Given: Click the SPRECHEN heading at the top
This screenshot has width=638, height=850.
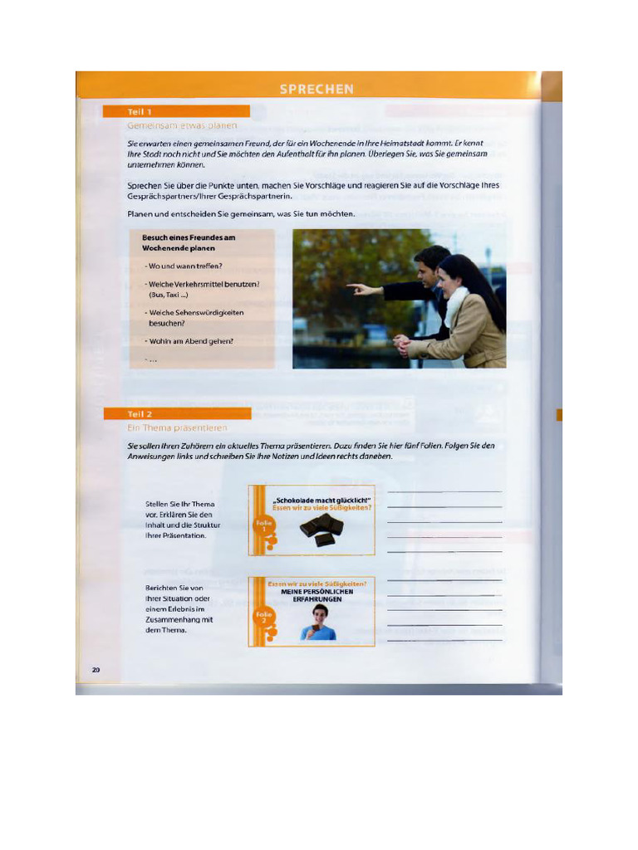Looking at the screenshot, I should [317, 89].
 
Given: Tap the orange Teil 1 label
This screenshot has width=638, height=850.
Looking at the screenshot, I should [140, 111].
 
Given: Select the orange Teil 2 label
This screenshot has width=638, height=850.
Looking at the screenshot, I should [140, 413].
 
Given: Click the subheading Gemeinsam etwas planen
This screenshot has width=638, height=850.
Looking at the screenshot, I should [182, 125].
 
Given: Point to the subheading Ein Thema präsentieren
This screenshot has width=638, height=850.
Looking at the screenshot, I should [177, 427].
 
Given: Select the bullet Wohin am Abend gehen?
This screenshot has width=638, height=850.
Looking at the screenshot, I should [190, 341].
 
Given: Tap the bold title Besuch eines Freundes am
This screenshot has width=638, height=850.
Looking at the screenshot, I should [189, 237].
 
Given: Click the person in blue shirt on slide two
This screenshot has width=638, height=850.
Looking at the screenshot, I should [319, 623].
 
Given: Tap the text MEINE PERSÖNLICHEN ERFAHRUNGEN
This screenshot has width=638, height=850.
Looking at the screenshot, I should [317, 595].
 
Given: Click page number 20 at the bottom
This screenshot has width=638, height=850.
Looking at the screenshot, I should [96, 669].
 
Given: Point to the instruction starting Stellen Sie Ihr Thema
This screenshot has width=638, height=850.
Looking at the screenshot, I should [179, 504].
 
